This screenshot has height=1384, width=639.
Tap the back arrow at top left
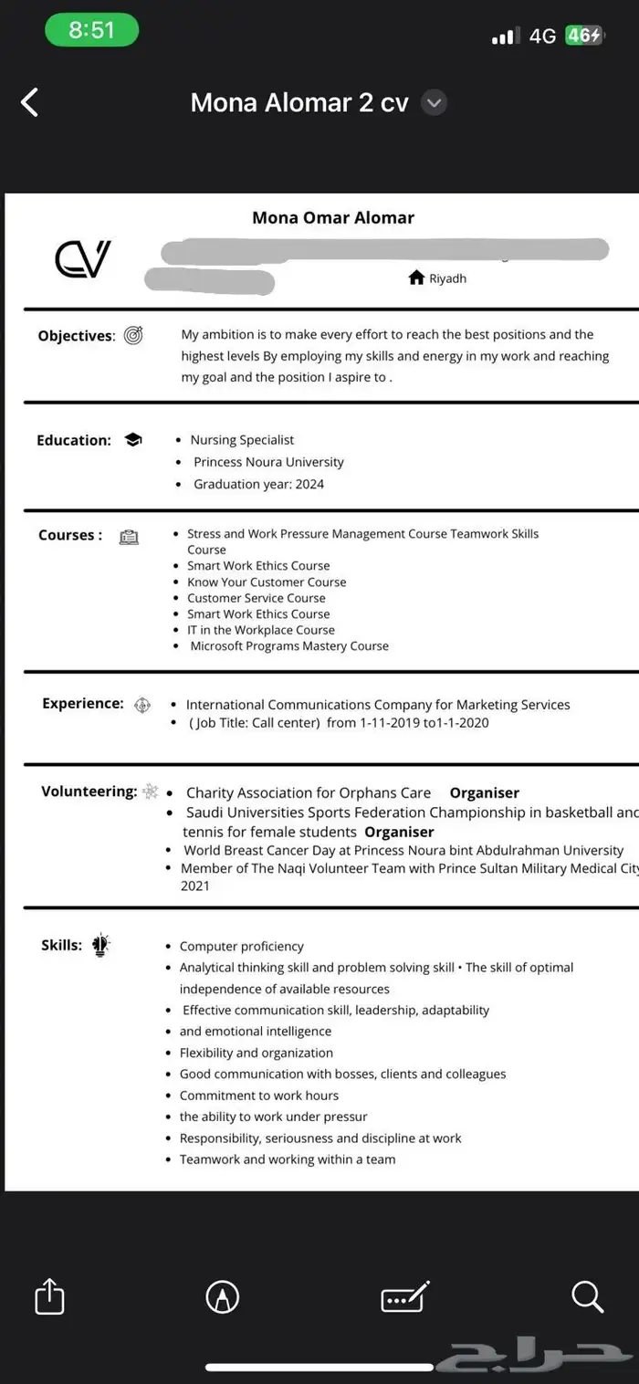29,102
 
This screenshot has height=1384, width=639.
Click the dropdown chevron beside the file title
435,103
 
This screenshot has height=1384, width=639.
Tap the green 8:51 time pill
91,30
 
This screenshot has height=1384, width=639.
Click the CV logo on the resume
82,259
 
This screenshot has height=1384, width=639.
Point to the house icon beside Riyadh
416,278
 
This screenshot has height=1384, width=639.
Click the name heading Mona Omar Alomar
333,217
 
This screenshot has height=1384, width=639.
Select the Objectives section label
77,336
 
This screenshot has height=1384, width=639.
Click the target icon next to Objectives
133,335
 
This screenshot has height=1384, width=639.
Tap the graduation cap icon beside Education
133,440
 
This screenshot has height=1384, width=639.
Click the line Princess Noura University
268,462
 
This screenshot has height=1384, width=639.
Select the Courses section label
70,535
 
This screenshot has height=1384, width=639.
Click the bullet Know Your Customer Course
267,582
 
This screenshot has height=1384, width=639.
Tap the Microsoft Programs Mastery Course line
289,645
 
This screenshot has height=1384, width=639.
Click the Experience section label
83,703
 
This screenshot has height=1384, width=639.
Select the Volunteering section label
89,791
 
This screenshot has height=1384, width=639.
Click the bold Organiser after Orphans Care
484,792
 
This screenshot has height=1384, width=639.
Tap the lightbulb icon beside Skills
100,946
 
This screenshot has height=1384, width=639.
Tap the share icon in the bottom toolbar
50,1295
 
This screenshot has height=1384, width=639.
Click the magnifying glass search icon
587,1295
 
